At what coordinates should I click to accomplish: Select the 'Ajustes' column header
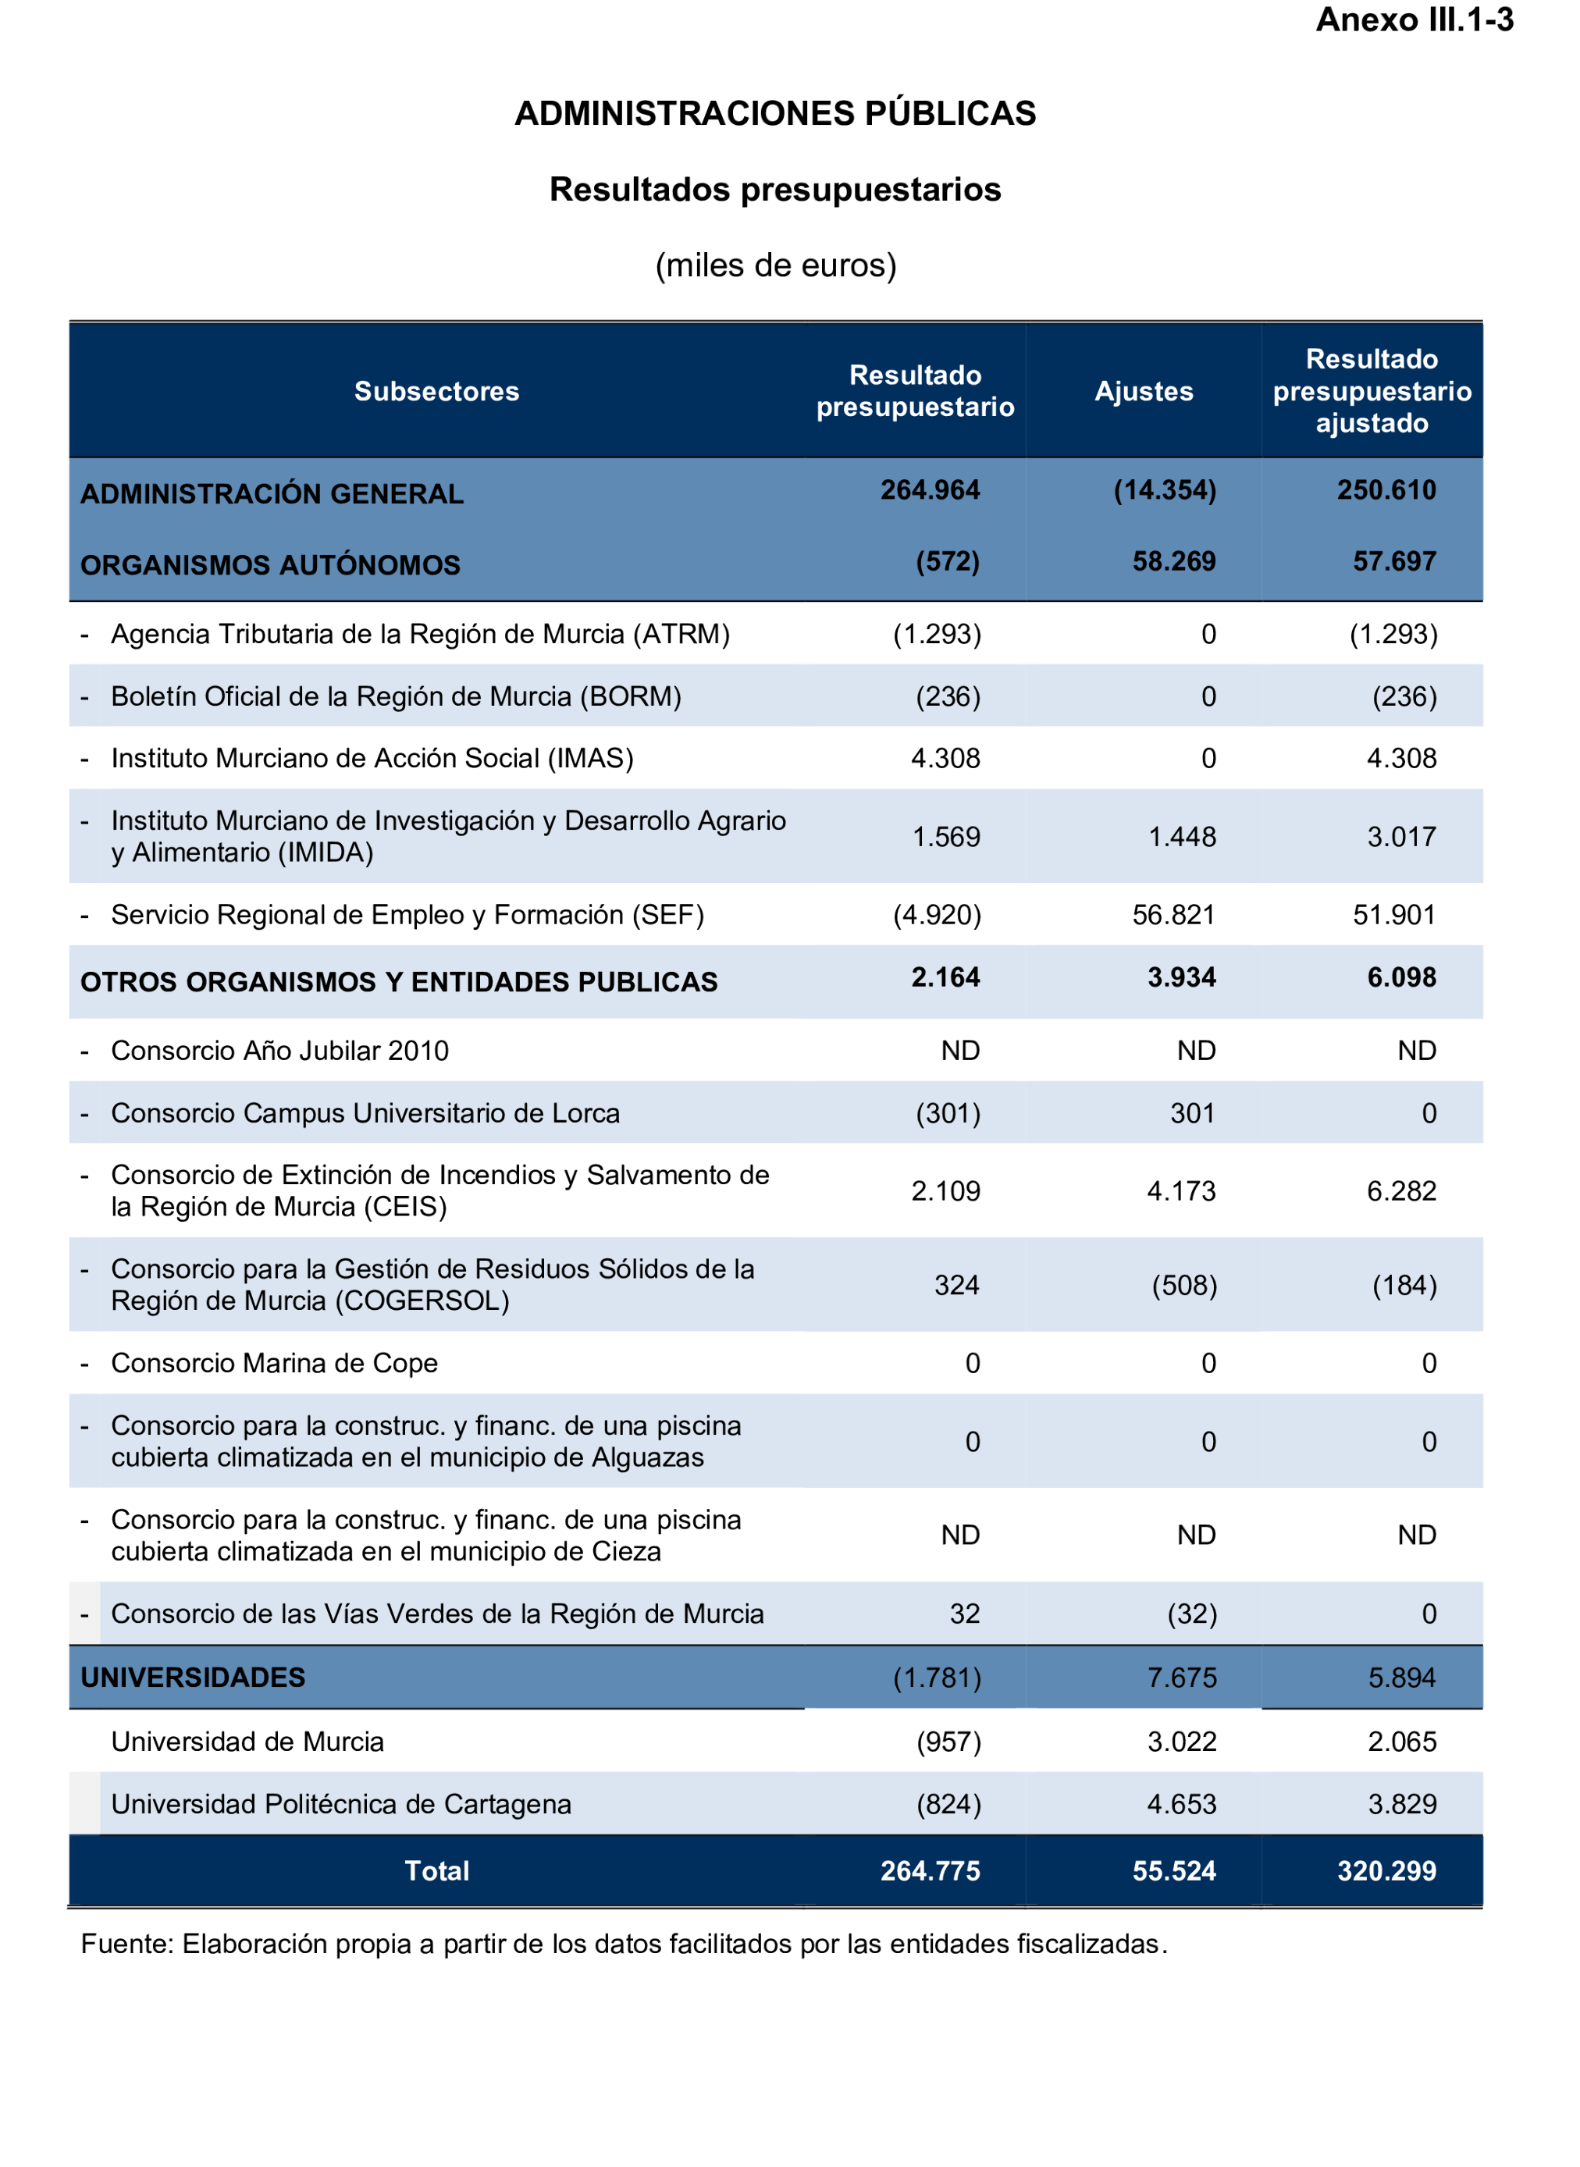pos(1144,391)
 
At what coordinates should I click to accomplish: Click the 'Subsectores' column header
pos(436,391)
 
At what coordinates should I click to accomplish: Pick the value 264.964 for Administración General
pos(930,489)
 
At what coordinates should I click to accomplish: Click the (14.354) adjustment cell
pos(1164,489)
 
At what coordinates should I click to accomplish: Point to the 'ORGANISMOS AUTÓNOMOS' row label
pos(271,565)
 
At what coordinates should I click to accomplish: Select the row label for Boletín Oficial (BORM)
pos(396,696)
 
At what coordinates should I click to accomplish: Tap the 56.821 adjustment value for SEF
pos(1173,915)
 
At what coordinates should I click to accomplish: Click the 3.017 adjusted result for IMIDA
pos(1401,837)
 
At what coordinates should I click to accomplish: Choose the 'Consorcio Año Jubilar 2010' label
pos(279,1051)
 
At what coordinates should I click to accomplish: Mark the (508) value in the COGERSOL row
pos(1184,1285)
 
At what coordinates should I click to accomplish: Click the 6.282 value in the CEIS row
pos(1401,1191)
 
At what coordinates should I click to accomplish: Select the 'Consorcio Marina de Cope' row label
pos(275,1363)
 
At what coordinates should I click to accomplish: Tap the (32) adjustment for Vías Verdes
pos(1192,1614)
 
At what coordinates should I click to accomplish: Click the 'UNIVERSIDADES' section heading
pos(193,1678)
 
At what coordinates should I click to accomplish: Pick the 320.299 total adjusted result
pos(1386,1870)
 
